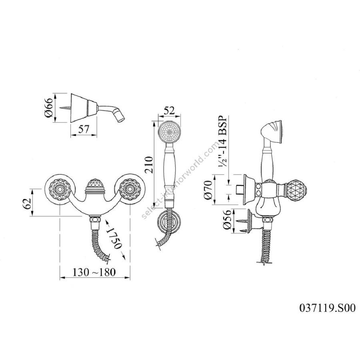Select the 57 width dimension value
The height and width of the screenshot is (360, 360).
click(83, 129)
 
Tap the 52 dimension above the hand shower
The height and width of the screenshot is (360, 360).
click(170, 110)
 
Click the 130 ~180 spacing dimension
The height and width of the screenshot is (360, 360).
click(94, 272)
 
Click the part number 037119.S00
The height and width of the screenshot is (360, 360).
click(327, 308)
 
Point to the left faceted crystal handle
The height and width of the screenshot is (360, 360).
click(60, 190)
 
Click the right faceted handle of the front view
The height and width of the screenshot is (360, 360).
click(130, 190)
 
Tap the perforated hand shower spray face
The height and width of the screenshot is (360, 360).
click(170, 132)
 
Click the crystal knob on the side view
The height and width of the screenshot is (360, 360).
click(297, 190)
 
